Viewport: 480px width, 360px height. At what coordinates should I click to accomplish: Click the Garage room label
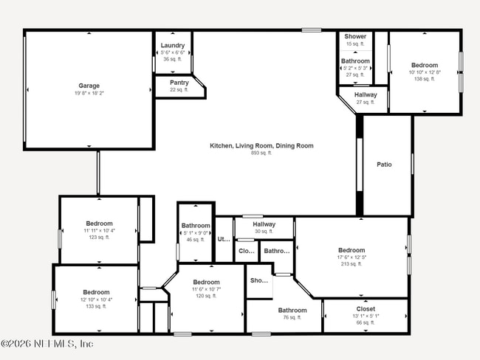pyautogui.click(x=89, y=86)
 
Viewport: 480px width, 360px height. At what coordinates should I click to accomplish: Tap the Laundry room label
pyautogui.click(x=173, y=46)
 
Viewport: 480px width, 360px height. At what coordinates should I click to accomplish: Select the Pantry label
pyautogui.click(x=179, y=83)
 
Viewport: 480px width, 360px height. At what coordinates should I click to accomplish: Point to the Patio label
pyautogui.click(x=384, y=165)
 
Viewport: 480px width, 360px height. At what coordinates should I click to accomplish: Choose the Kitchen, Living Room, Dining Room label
pyautogui.click(x=261, y=146)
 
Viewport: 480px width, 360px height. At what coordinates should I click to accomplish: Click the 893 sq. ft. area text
pyautogui.click(x=261, y=153)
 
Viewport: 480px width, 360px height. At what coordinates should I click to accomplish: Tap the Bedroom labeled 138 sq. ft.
pyautogui.click(x=424, y=65)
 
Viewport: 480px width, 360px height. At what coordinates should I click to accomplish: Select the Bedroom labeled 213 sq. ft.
pyautogui.click(x=352, y=250)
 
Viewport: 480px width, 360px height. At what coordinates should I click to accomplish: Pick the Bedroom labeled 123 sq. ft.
pyautogui.click(x=99, y=224)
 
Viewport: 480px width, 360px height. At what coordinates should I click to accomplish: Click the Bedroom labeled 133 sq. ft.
pyautogui.click(x=96, y=292)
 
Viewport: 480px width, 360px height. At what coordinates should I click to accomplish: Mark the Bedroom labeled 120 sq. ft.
pyautogui.click(x=206, y=283)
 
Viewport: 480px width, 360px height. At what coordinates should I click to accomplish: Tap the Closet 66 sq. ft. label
pyautogui.click(x=366, y=309)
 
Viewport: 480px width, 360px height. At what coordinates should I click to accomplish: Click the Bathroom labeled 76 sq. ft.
pyautogui.click(x=292, y=311)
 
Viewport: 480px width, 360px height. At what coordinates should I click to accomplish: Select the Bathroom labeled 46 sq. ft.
pyautogui.click(x=196, y=226)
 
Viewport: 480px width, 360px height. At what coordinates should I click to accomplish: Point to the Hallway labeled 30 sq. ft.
pyautogui.click(x=264, y=224)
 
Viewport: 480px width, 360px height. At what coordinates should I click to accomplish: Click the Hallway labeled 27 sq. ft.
pyautogui.click(x=366, y=95)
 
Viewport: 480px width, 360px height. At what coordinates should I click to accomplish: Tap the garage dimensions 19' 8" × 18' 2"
pyautogui.click(x=89, y=94)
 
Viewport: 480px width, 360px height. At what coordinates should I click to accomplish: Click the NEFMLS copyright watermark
pyautogui.click(x=47, y=344)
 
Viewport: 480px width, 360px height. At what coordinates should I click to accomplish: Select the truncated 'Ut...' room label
pyautogui.click(x=223, y=239)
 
